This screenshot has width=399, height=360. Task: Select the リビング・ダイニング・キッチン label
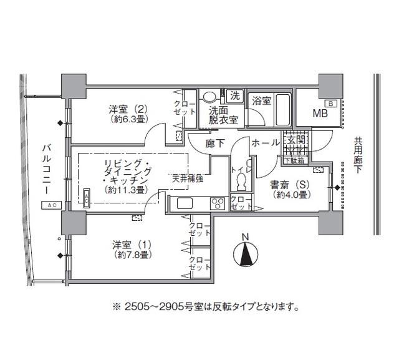point(128,177)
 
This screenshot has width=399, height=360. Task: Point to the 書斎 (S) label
point(287,189)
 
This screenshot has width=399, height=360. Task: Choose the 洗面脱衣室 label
point(223,114)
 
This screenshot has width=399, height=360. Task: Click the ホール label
point(265,143)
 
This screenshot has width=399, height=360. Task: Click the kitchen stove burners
point(217,203)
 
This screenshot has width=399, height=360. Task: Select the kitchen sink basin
point(185,203)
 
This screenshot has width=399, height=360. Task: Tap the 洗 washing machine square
point(235,96)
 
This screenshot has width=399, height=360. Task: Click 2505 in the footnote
point(138,307)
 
